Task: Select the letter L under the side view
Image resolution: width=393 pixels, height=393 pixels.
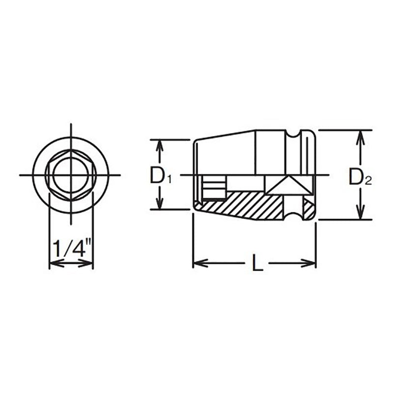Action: pyautogui.click(x=256, y=264)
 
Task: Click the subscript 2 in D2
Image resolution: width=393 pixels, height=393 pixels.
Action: pyautogui.click(x=368, y=181)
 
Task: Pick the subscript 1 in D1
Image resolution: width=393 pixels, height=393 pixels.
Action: pyautogui.click(x=168, y=180)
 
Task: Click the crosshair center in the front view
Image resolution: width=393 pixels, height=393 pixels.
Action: pyautogui.click(x=71, y=175)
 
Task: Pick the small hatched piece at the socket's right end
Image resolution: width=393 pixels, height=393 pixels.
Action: pyautogui.click(x=308, y=209)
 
